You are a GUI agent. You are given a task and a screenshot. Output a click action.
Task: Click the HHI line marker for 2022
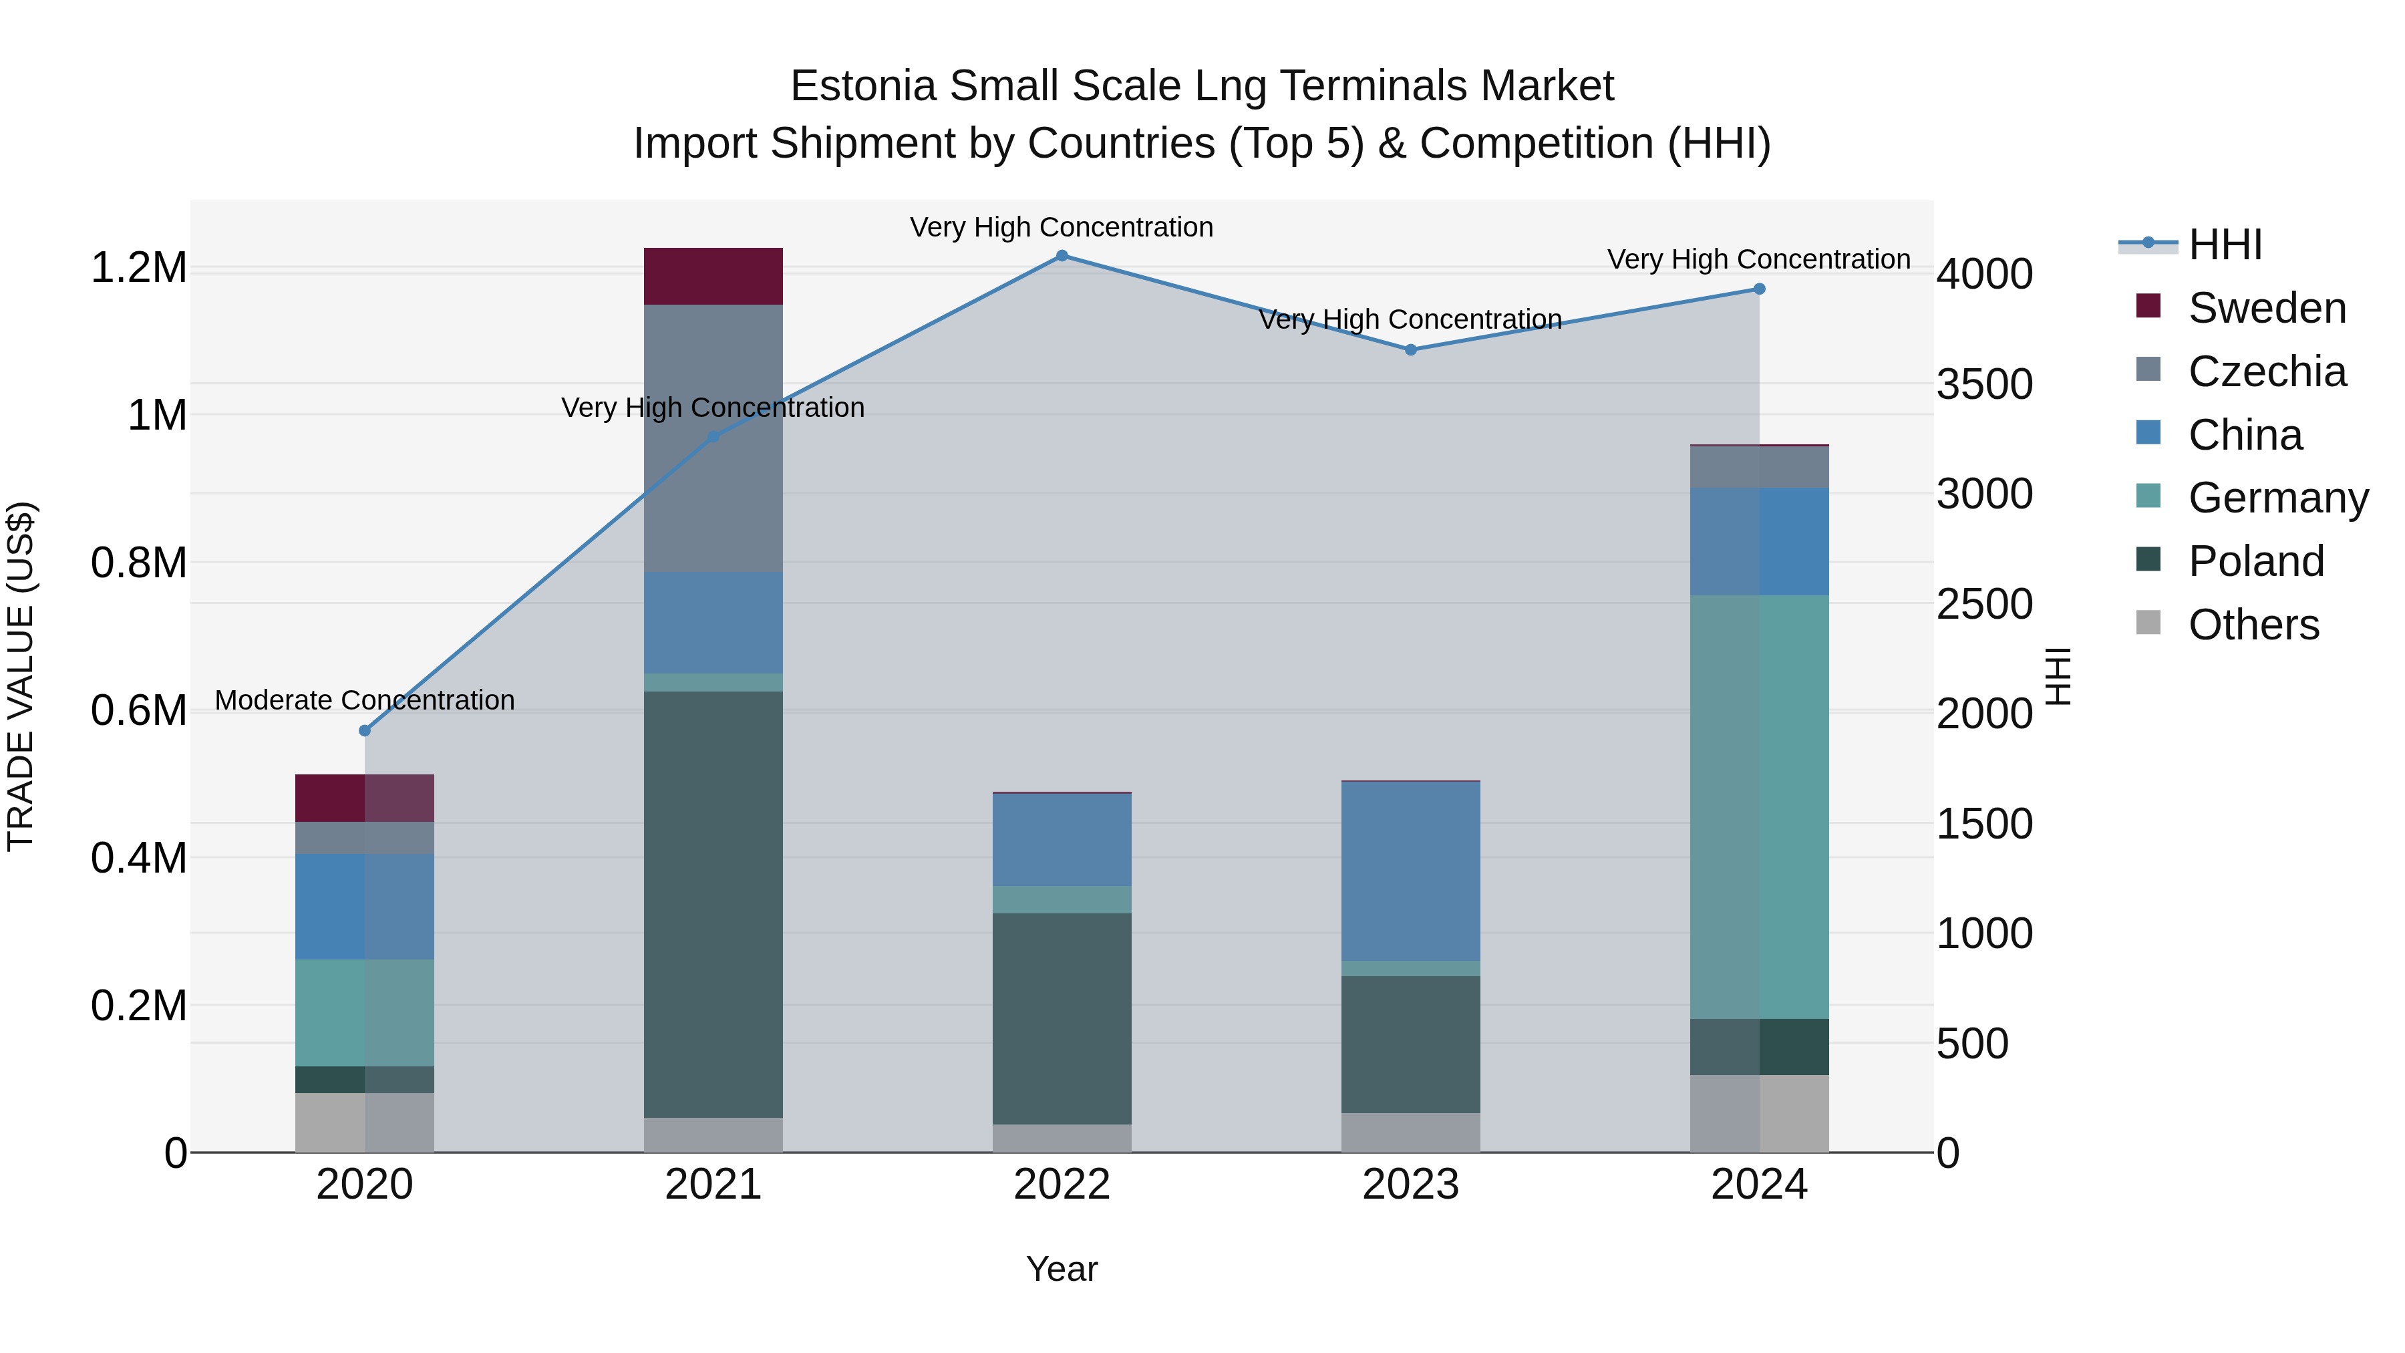1062,256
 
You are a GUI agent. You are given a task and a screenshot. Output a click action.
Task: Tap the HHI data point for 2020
365,730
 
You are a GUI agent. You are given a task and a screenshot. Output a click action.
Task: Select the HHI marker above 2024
1759,289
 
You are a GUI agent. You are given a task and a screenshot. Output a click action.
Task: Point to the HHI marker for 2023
1411,350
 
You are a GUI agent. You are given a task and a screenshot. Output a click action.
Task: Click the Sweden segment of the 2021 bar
713,277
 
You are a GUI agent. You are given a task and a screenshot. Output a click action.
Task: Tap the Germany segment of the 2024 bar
1759,806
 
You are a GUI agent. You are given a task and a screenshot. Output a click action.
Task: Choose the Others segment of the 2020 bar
365,1122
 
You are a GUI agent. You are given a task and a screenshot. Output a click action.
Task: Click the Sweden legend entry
2266,308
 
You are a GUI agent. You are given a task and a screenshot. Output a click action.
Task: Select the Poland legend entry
2255,561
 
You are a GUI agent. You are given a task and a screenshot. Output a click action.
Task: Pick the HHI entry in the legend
2224,245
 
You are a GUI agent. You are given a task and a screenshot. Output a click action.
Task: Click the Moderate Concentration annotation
365,700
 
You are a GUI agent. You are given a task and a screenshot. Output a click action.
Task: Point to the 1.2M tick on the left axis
138,268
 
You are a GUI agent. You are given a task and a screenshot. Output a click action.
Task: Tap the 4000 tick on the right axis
1984,275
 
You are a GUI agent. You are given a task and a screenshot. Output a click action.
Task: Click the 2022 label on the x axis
1062,1185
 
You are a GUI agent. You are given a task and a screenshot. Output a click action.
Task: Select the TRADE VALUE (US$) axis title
21,676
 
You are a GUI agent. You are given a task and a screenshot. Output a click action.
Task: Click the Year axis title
1062,1269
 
